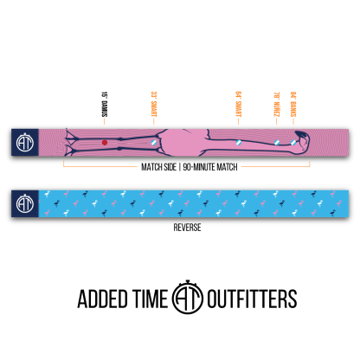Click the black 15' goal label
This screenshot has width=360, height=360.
[105, 106]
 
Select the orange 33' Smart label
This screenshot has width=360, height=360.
[154, 105]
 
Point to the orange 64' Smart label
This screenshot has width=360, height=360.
[237, 105]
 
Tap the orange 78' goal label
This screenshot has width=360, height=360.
[276, 104]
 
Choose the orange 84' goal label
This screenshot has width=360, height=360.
[294, 104]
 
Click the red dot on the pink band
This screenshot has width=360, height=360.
[105, 141]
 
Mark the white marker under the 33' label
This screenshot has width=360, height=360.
[154, 141]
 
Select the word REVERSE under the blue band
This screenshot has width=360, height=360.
[179, 231]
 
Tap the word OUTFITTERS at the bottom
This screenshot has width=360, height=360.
[251, 299]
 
